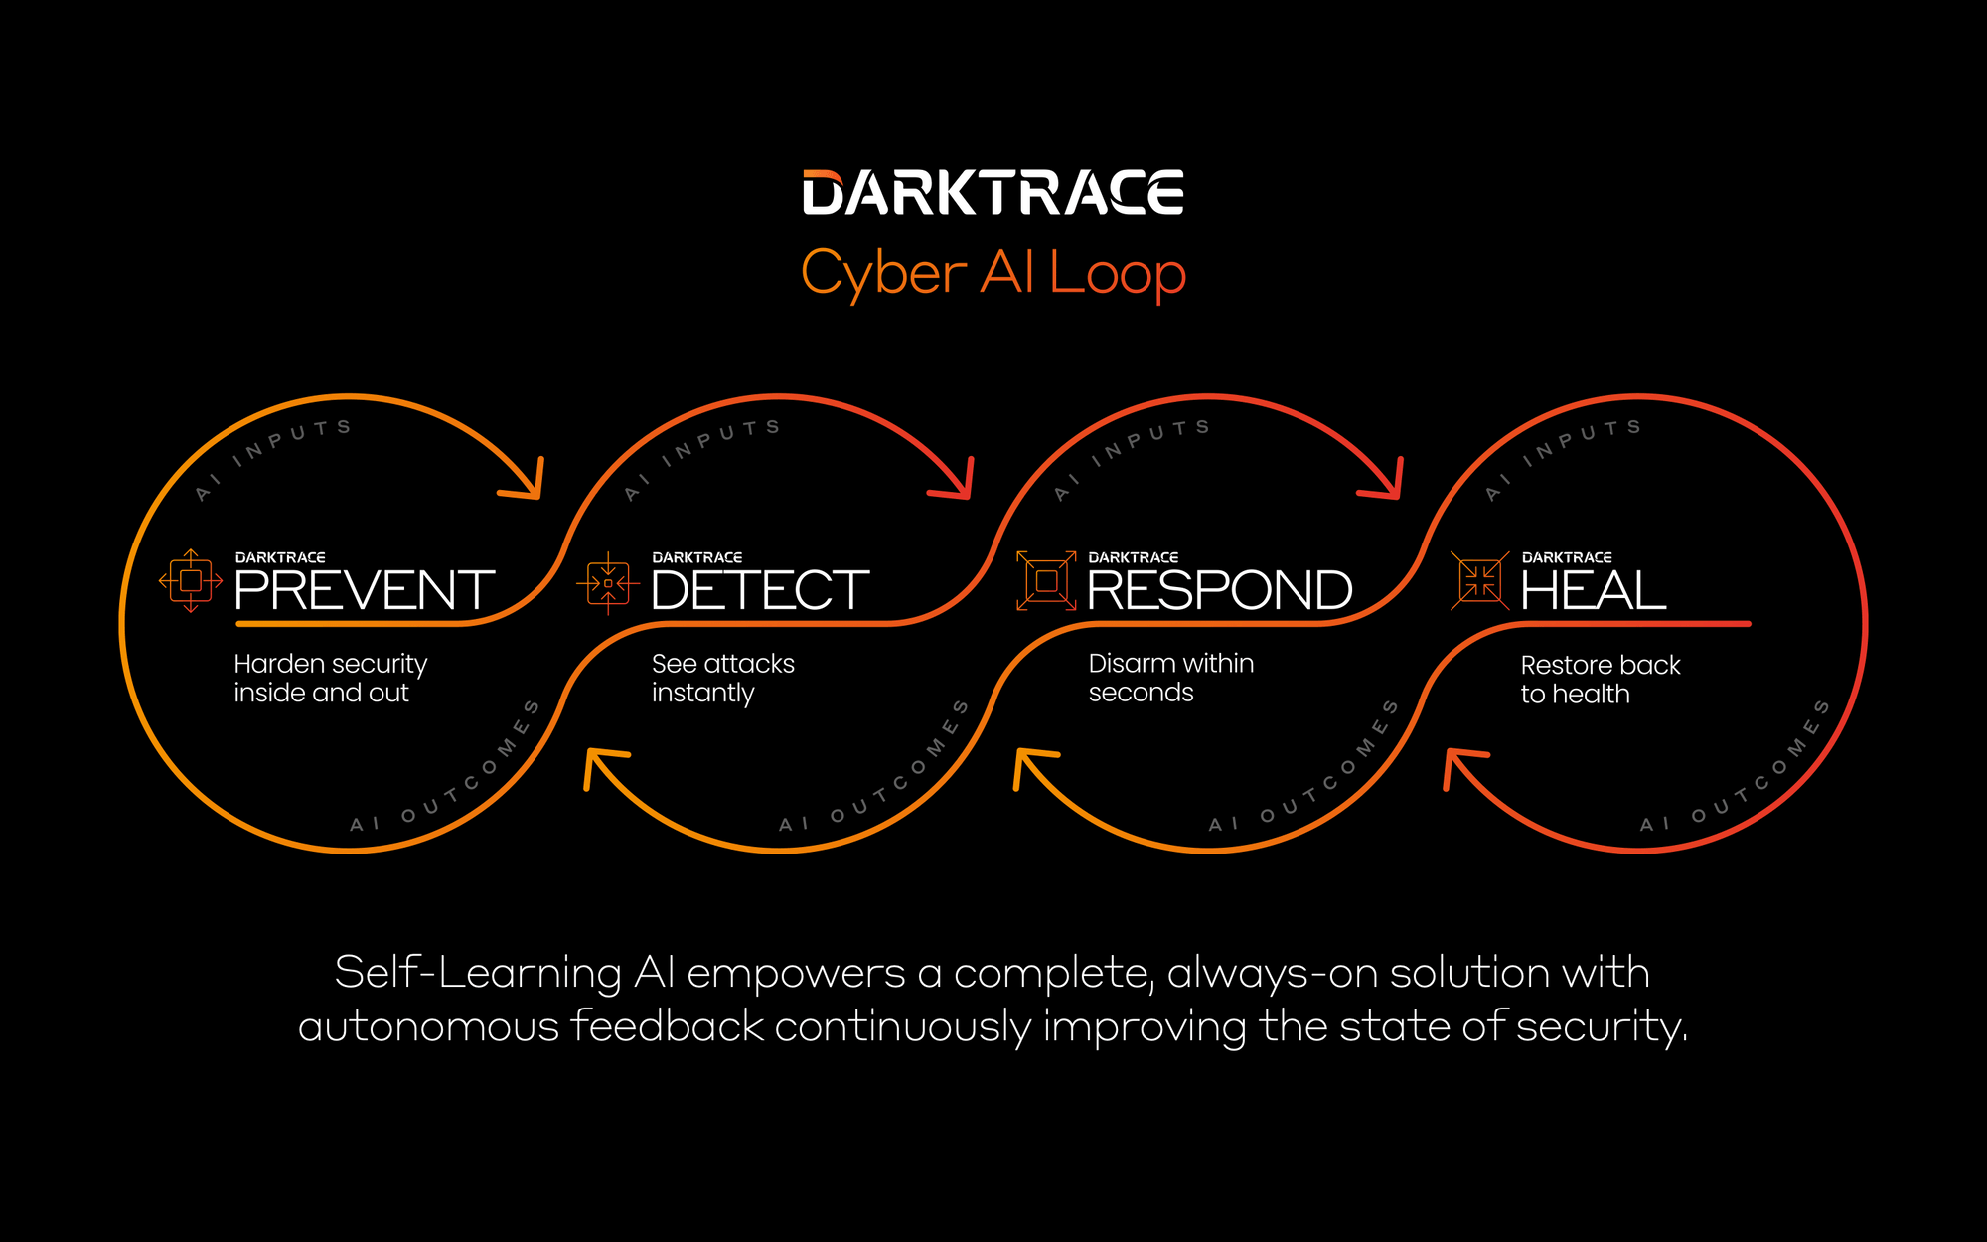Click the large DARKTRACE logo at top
pyautogui.click(x=993, y=193)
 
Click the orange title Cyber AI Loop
pyautogui.click(x=993, y=273)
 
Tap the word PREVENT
pyautogui.click(x=364, y=591)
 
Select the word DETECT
pyautogui.click(x=760, y=591)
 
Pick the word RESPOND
pyautogui.click(x=1219, y=591)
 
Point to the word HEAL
pyautogui.click(x=1593, y=591)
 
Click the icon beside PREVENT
pyautogui.click(x=191, y=581)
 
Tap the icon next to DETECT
pyautogui.click(x=608, y=583)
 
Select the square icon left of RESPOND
pyautogui.click(x=1046, y=580)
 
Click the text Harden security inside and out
pyautogui.click(x=330, y=678)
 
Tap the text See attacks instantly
pyautogui.click(x=722, y=678)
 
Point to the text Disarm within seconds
pyautogui.click(x=1170, y=678)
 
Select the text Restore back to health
pyautogui.click(x=1600, y=680)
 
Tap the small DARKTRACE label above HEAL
pyautogui.click(x=1567, y=558)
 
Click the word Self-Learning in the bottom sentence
pyautogui.click(x=478, y=973)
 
